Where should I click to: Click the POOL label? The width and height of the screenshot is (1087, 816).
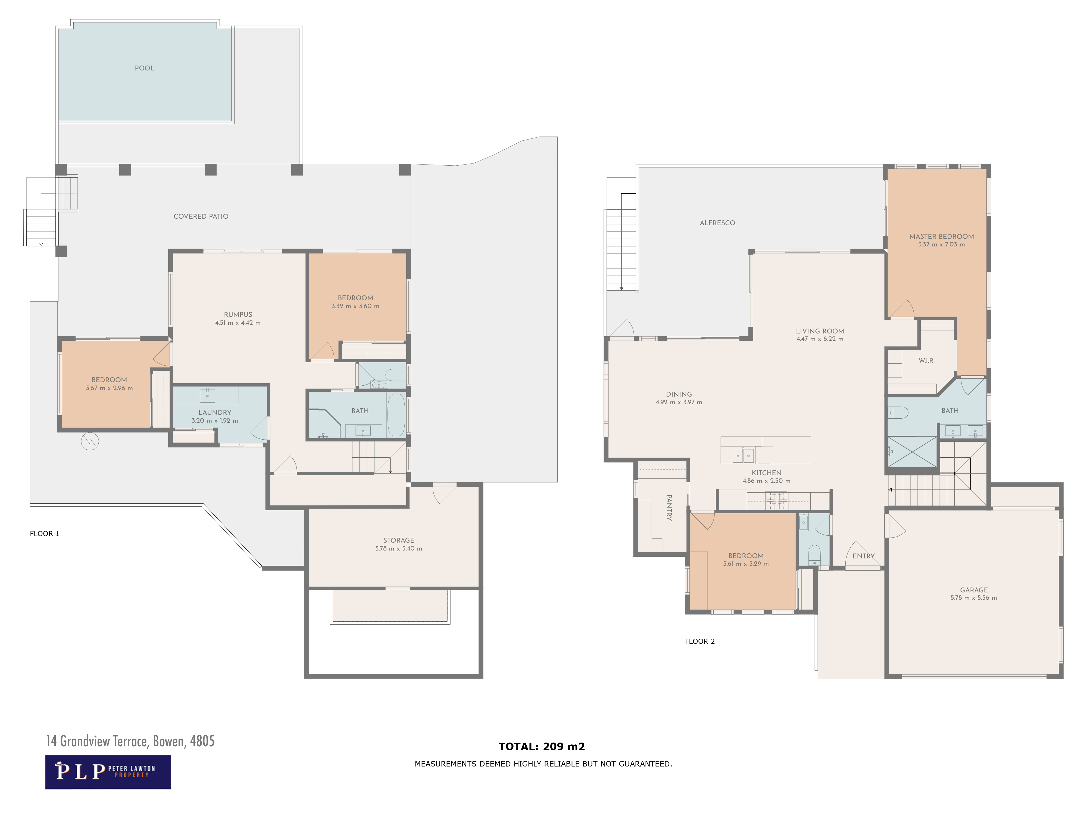145,68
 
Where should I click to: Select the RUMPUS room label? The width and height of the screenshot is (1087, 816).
238,315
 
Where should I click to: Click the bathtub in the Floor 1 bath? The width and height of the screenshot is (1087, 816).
396,415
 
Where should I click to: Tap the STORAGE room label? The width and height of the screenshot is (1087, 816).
399,540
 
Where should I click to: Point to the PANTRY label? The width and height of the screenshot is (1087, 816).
669,508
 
